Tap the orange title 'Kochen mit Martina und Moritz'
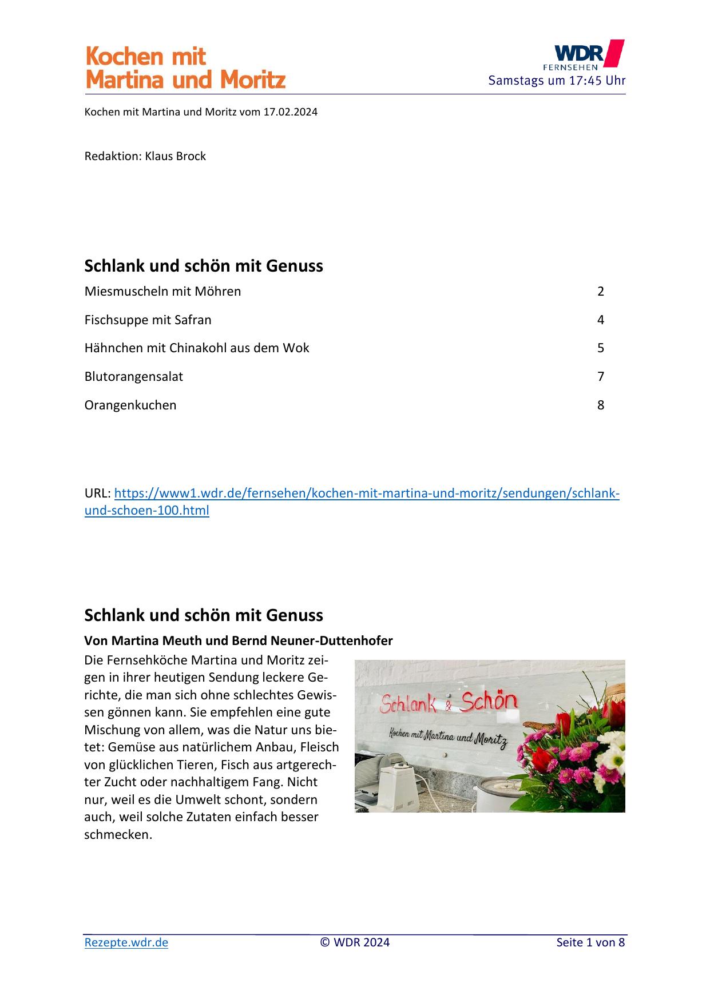pos(185,68)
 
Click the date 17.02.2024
pos(290,112)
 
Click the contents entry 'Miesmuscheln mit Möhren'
pos(162,291)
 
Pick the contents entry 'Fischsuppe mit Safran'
pos(148,320)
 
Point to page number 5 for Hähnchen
pos(601,348)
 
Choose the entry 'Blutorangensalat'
pos(134,376)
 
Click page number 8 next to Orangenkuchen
pos(601,405)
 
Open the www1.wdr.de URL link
pos(366,493)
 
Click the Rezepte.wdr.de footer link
pos(126,942)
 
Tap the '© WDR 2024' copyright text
pos(355,942)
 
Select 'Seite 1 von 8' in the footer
pos(590,942)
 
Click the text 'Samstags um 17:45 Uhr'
pos(557,80)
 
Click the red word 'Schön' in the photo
pos(489,702)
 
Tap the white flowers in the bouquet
pos(612,755)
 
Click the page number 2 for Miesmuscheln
pos(601,291)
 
